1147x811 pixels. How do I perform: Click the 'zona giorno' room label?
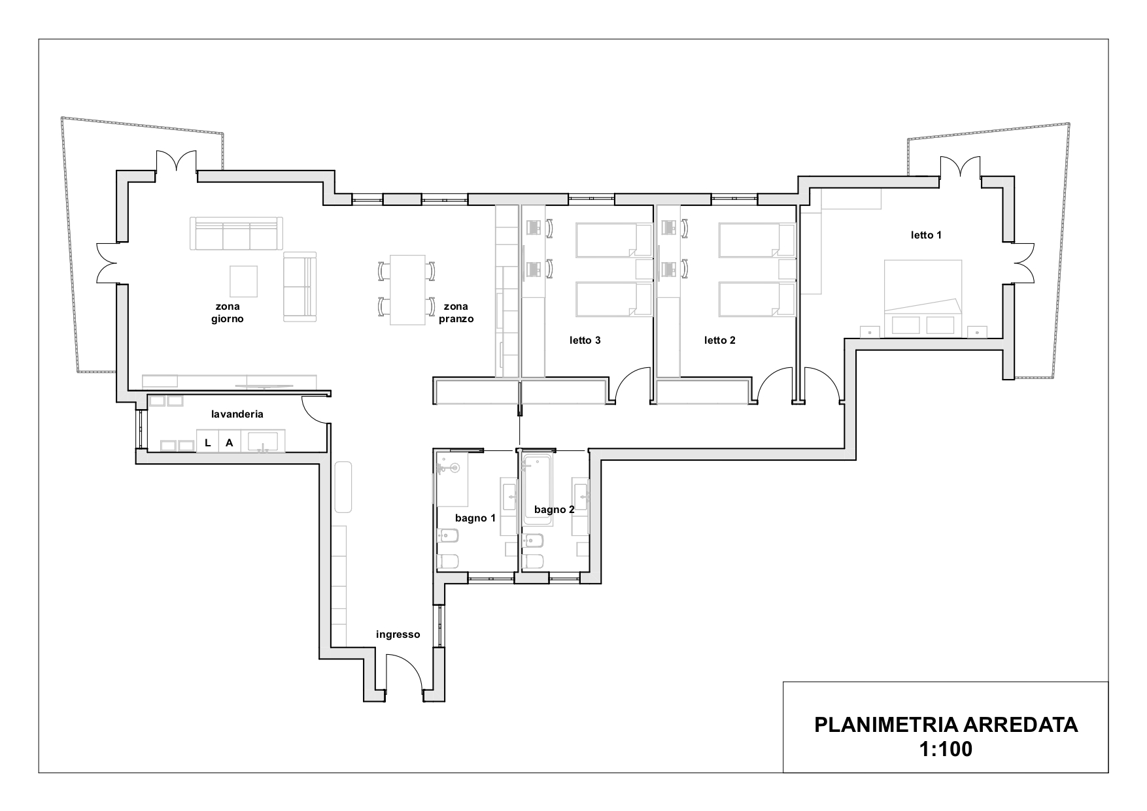[x=227, y=312]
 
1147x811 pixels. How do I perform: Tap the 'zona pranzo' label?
[x=456, y=312]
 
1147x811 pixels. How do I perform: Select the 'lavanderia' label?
[x=237, y=414]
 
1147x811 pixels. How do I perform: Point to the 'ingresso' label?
[x=398, y=635]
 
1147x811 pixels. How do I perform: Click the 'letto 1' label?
[x=926, y=235]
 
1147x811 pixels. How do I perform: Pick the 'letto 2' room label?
[x=720, y=340]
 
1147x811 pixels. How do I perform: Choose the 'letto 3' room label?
[x=585, y=340]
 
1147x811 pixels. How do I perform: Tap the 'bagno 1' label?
[x=475, y=518]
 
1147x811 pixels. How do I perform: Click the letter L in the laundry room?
[x=208, y=443]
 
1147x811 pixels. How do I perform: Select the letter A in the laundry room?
[x=230, y=443]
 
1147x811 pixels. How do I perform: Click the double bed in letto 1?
[x=923, y=298]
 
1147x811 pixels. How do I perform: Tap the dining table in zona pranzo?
[x=407, y=290]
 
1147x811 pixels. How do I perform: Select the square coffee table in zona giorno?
[x=243, y=281]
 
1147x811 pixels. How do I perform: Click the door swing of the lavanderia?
[x=315, y=409]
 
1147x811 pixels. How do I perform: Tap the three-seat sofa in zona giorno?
[x=237, y=234]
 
